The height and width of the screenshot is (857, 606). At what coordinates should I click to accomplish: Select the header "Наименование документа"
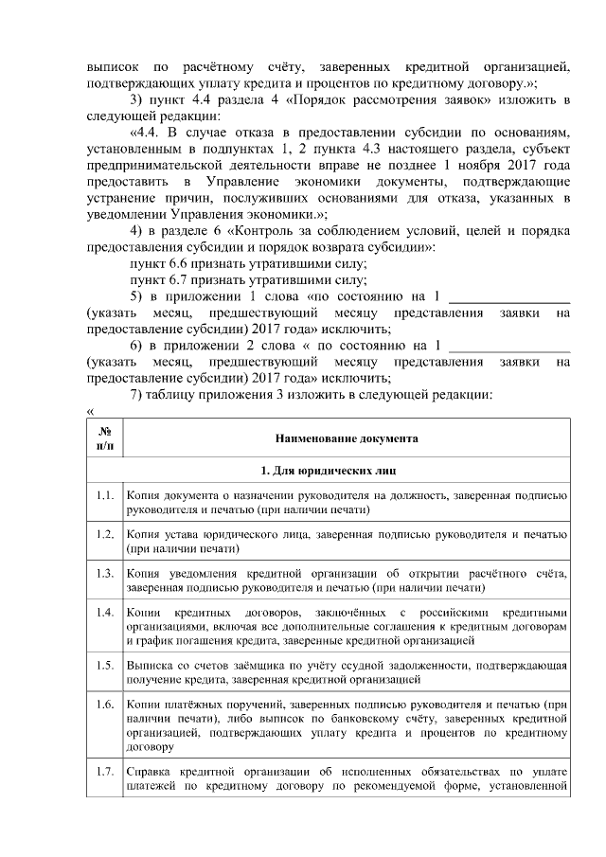[346, 438]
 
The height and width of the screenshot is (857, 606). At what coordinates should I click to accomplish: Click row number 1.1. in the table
[104, 496]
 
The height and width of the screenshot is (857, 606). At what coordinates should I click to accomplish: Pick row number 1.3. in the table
[104, 574]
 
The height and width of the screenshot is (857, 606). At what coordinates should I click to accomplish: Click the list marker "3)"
[136, 99]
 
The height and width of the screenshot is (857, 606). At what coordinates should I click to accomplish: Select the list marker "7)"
[136, 393]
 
